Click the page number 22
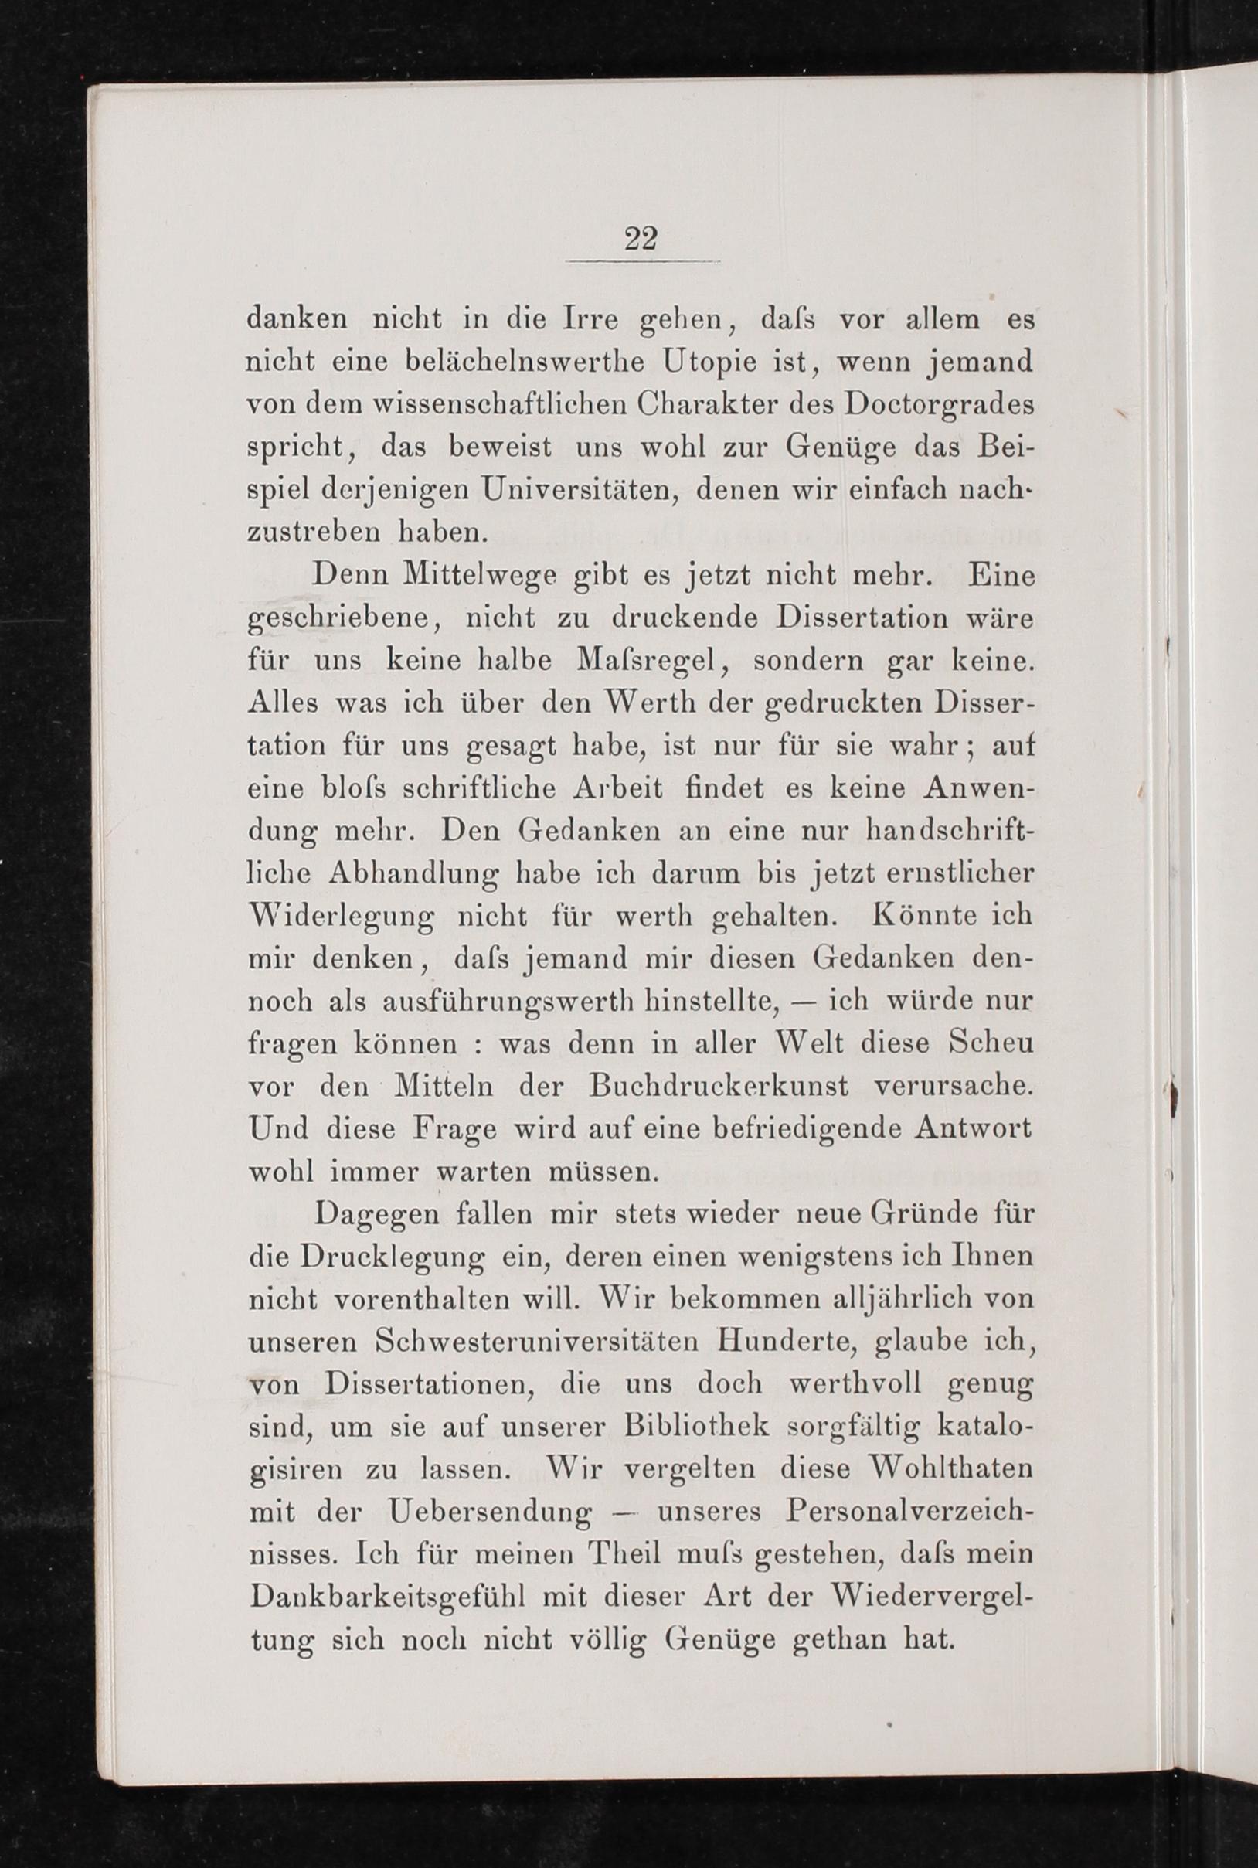[641, 238]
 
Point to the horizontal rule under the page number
[643, 261]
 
